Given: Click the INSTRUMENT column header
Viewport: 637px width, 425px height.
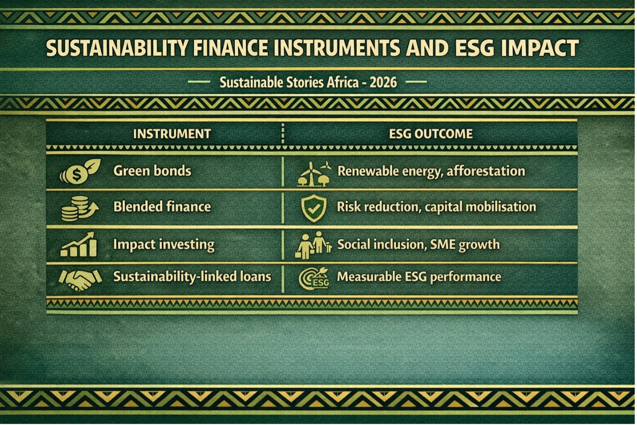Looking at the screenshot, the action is pos(172,134).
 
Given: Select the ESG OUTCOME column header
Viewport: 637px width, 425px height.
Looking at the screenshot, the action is pos(430,134).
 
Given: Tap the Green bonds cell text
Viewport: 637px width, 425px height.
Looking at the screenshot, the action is pos(152,171).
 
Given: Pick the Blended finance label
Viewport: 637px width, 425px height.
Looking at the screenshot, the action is pos(162,207).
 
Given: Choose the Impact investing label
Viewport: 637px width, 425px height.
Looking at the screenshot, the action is pos(164,245).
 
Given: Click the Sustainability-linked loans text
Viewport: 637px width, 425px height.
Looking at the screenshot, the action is pos(192,277).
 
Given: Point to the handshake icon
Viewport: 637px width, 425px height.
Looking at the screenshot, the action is pos(80,280).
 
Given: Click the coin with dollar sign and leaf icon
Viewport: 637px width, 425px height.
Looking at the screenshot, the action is pos(80,171).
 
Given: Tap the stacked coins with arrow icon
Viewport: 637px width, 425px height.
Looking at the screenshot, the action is pos(80,208).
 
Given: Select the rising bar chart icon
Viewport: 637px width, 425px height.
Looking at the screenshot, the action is pos(79,244).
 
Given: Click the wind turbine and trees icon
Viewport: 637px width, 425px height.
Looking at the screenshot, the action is pos(313,174).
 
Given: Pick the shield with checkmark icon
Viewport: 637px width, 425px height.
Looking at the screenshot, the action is pos(313,208).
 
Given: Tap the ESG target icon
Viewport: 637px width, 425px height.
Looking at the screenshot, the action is pos(314,278).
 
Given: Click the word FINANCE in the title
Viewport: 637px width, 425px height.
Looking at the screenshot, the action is pos(230,48).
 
